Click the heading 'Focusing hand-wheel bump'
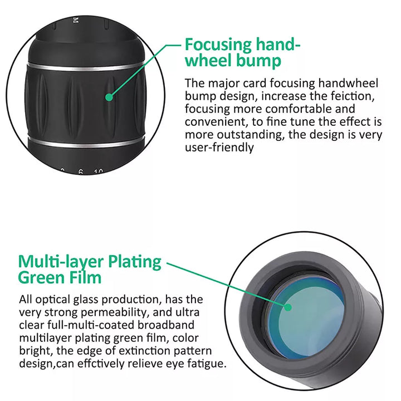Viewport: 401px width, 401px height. pyautogui.click(x=242, y=52)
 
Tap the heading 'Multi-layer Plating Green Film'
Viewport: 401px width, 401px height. pyautogui.click(x=90, y=270)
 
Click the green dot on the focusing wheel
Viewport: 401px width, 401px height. pyautogui.click(x=109, y=97)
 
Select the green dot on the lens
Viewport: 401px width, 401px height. pyautogui.click(x=288, y=307)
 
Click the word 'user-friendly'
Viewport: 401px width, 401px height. pyautogui.click(x=219, y=147)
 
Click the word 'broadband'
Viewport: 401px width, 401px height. pyautogui.click(x=166, y=325)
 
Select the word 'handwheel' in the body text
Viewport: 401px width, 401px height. pyautogui.click(x=348, y=84)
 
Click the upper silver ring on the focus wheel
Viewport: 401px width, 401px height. pyautogui.click(x=86, y=67)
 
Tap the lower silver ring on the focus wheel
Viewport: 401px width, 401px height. pyautogui.click(x=86, y=143)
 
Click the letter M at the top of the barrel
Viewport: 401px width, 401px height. pyautogui.click(x=75, y=21)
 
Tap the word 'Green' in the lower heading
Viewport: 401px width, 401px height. pyautogui.click(x=40, y=277)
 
